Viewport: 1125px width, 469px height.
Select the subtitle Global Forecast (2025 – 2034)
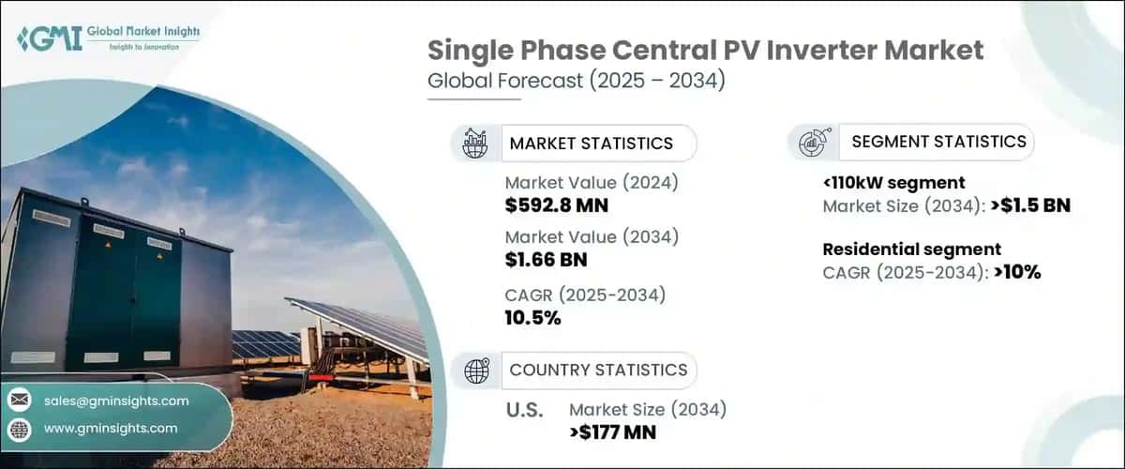(576, 82)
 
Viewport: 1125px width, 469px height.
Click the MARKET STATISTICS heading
(591, 144)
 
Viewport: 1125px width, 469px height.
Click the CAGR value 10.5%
(532, 317)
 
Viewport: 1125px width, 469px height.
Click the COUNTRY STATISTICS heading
(598, 371)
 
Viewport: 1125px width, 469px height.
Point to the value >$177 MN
(612, 431)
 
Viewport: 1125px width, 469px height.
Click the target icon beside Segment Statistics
(810, 142)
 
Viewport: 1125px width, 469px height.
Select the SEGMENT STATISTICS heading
(937, 142)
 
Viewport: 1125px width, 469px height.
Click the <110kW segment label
(893, 183)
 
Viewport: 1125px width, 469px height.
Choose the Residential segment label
(911, 250)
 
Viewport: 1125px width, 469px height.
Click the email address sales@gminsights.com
(116, 401)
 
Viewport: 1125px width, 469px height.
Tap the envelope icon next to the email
(20, 401)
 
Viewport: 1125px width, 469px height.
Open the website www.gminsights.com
(111, 428)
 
